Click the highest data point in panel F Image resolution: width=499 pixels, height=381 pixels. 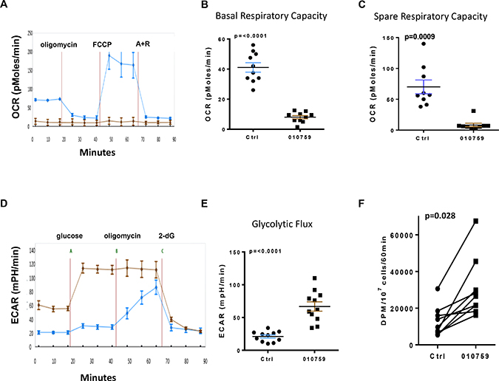click(x=476, y=221)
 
